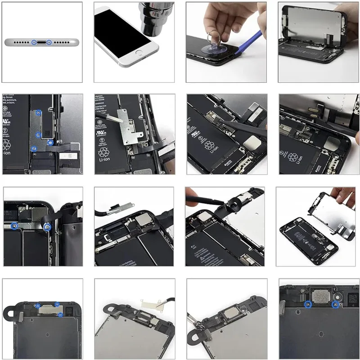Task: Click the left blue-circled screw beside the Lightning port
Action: pos(34,42)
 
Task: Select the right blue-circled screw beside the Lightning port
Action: pos(49,42)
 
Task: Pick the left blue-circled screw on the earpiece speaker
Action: pos(307,304)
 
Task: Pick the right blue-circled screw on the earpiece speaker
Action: pos(334,304)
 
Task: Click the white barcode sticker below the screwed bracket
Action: pos(67,155)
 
